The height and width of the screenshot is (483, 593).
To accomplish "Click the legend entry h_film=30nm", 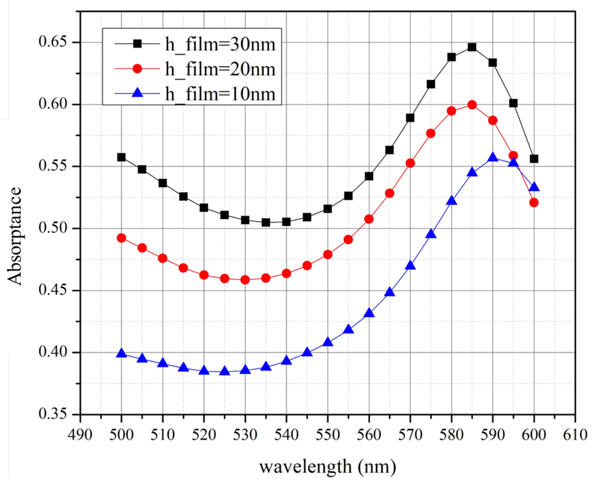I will pyautogui.click(x=220, y=44).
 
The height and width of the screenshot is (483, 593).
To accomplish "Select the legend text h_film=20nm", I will pyautogui.click(x=220, y=69).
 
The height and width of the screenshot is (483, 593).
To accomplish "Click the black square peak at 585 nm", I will pyautogui.click(x=472, y=47).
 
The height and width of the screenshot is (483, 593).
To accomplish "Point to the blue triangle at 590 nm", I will pyautogui.click(x=493, y=157).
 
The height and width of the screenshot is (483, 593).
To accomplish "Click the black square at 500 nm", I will pyautogui.click(x=121, y=157).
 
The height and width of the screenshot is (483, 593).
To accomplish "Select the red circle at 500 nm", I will pyautogui.click(x=121, y=238).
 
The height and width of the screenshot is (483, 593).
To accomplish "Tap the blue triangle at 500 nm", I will pyautogui.click(x=121, y=354).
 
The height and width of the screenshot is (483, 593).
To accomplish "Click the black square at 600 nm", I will pyautogui.click(x=534, y=159).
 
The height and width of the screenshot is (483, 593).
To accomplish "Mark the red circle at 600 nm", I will pyautogui.click(x=534, y=203).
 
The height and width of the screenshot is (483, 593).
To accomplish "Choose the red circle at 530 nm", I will pyautogui.click(x=245, y=280).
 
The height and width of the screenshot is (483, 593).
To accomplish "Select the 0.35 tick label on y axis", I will pyautogui.click(x=49, y=414).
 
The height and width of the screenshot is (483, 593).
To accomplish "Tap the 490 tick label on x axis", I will pyautogui.click(x=80, y=435).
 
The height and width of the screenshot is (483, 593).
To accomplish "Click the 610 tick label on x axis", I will pyautogui.click(x=575, y=435).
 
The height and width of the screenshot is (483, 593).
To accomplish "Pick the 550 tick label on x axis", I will pyautogui.click(x=327, y=435).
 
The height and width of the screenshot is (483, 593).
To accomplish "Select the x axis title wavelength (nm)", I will pyautogui.click(x=327, y=467).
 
